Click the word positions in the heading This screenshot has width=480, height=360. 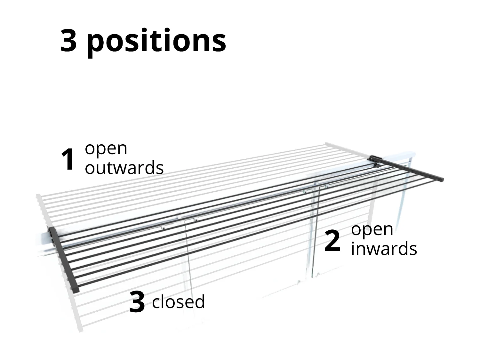pos(156,42)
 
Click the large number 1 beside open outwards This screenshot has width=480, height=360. pos(68,160)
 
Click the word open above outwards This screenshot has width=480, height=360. pos(106,149)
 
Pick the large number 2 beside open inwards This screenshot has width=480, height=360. pos(332,241)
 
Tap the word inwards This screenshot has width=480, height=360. pos(384,249)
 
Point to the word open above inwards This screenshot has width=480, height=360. pos(372,230)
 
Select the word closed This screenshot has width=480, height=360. pos(178,302)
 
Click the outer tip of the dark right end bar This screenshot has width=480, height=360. pos(441,179)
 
